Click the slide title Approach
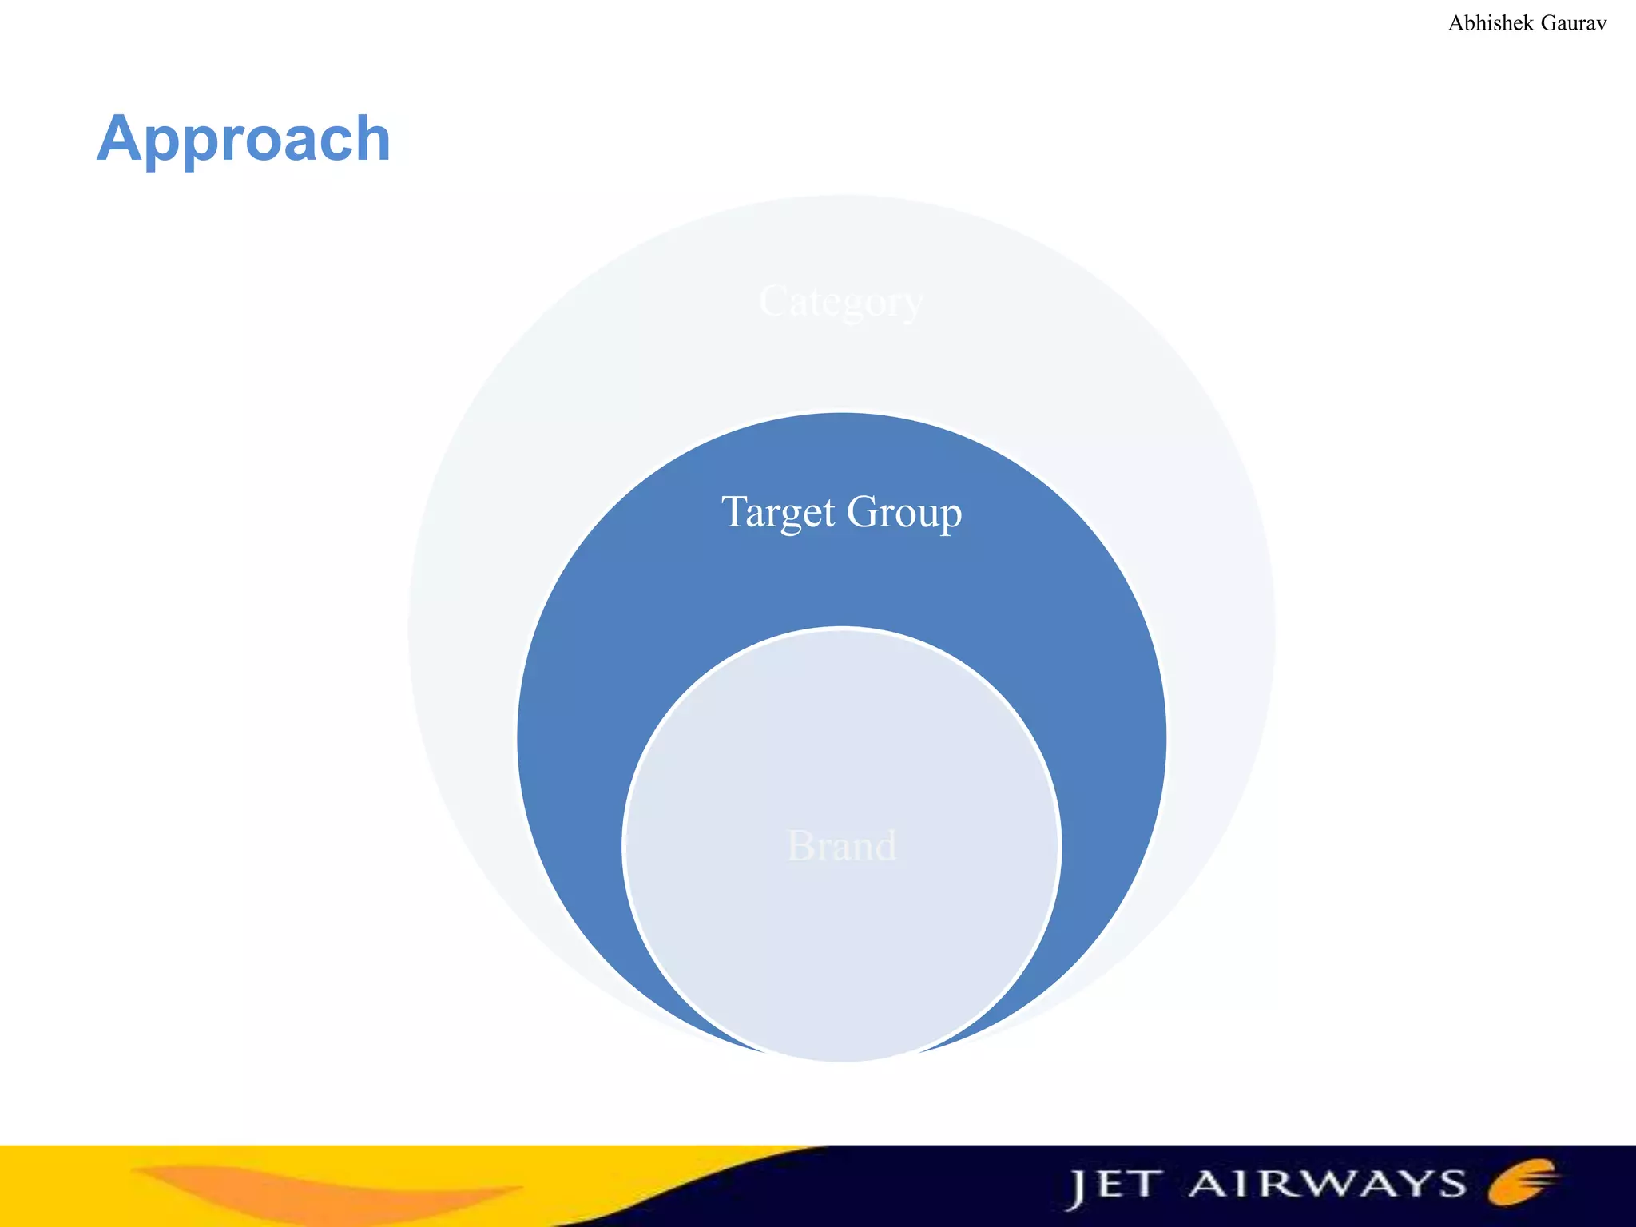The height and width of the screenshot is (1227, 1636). (x=244, y=140)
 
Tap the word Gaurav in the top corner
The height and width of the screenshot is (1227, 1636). (x=1573, y=23)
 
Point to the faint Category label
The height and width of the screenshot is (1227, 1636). (x=840, y=303)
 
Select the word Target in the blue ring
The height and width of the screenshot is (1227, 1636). (x=778, y=512)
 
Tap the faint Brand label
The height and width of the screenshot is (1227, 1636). (x=842, y=845)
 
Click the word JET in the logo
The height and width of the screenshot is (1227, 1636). (x=1114, y=1185)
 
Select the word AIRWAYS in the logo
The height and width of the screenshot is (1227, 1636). (x=1328, y=1184)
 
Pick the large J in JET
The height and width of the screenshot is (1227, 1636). (x=1078, y=1189)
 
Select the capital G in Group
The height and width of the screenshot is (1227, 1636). (x=860, y=511)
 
